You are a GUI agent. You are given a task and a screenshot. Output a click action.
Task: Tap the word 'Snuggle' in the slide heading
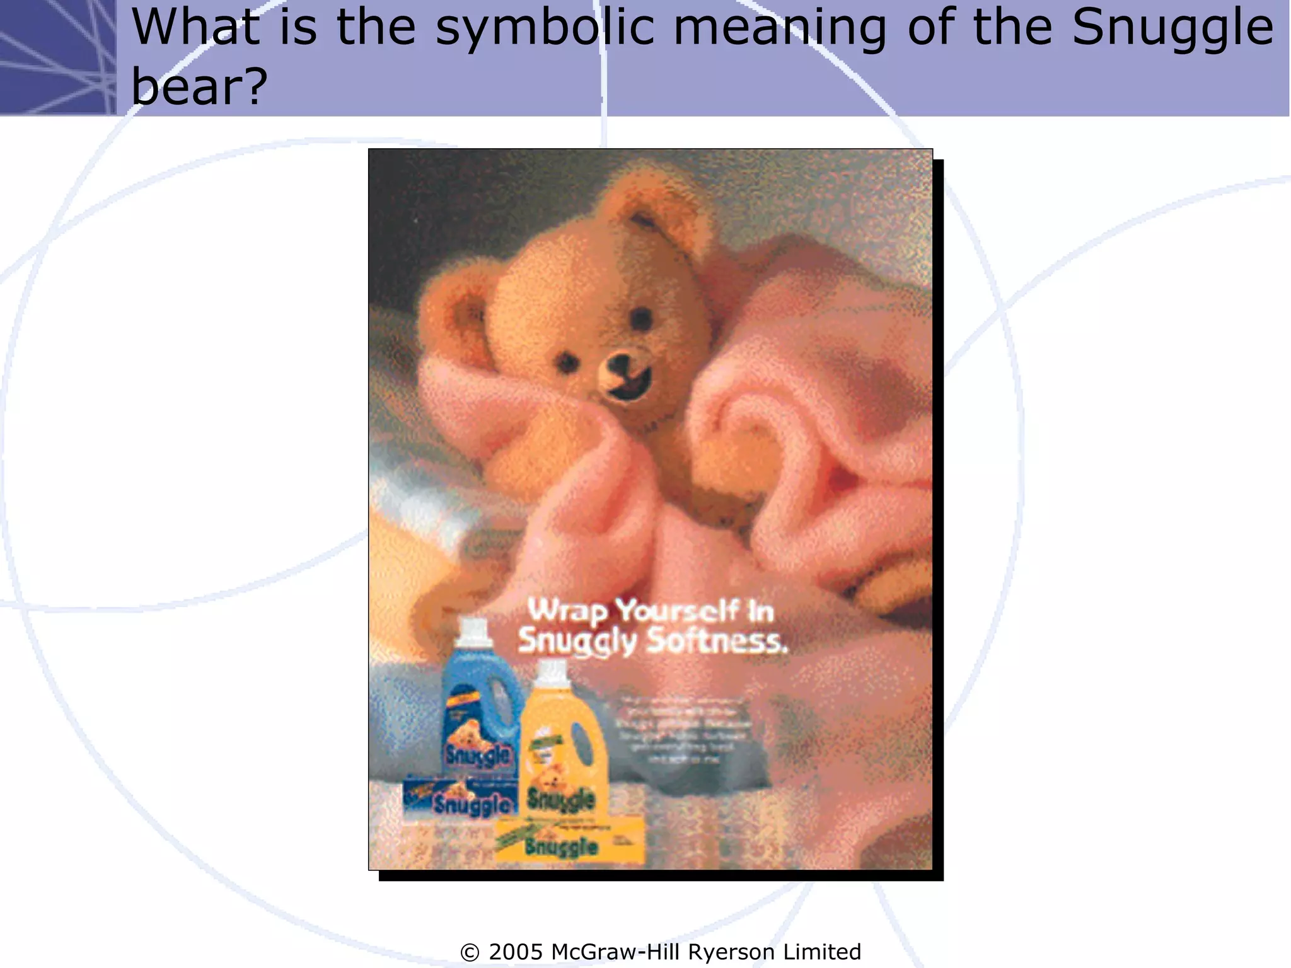[x=1172, y=28]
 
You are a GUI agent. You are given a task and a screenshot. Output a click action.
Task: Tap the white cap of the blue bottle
[x=474, y=631]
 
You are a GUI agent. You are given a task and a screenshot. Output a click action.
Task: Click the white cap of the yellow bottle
[x=553, y=672]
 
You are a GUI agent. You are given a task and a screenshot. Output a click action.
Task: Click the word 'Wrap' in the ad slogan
[x=567, y=611]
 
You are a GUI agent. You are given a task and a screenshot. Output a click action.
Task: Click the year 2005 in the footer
[x=515, y=952]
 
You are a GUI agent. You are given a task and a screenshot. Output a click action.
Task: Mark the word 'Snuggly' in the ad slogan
[x=577, y=641]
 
